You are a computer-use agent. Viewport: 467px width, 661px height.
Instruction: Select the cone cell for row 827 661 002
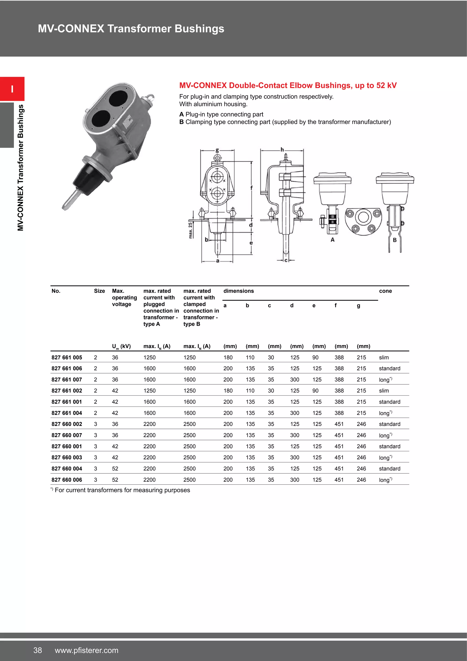pyautogui.click(x=384, y=391)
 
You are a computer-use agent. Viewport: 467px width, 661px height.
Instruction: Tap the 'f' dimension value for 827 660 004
pyautogui.click(x=339, y=468)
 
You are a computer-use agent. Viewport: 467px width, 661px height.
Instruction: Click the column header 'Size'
pyautogui.click(x=99, y=291)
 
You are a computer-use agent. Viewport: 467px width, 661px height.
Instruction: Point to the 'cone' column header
pyautogui.click(x=385, y=291)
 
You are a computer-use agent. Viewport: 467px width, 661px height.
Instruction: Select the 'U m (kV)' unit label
pyautogui.click(x=121, y=346)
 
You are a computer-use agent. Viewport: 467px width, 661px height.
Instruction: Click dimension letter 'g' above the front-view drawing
pyautogui.click(x=217, y=150)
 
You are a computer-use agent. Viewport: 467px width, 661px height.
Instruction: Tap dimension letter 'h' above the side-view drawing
pyautogui.click(x=282, y=150)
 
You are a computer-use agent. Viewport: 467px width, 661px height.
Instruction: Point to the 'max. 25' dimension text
pyautogui.click(x=190, y=230)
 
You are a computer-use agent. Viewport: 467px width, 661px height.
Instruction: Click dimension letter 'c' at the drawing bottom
pyautogui.click(x=286, y=260)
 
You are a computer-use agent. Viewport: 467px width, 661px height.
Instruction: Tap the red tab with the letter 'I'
pyautogui.click(x=12, y=89)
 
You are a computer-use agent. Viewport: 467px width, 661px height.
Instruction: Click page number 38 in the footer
pyautogui.click(x=38, y=650)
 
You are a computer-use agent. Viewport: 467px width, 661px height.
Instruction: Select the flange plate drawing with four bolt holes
pyautogui.click(x=363, y=221)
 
